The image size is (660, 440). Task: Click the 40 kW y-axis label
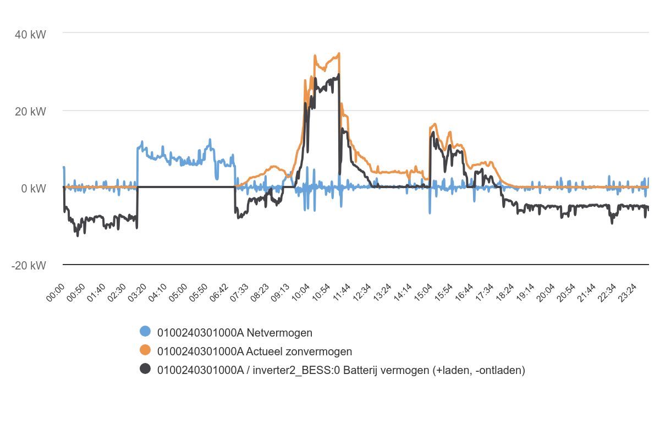click(x=31, y=35)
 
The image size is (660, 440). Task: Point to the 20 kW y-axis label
click(x=31, y=112)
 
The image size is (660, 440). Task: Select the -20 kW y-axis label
click(x=29, y=266)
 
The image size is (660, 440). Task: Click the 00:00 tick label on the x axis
click(x=56, y=291)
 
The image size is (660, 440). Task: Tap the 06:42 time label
click(x=219, y=291)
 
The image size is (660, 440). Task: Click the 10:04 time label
click(x=300, y=291)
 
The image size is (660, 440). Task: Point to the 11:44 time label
click(x=341, y=291)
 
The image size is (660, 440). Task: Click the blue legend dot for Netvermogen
click(x=145, y=332)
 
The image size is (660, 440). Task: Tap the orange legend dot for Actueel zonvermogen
click(x=145, y=350)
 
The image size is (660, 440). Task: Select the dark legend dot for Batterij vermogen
click(x=145, y=369)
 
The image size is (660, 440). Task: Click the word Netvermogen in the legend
click(x=279, y=332)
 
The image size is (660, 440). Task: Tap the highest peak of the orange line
click(x=339, y=53)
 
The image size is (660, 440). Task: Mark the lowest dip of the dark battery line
click(x=78, y=235)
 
